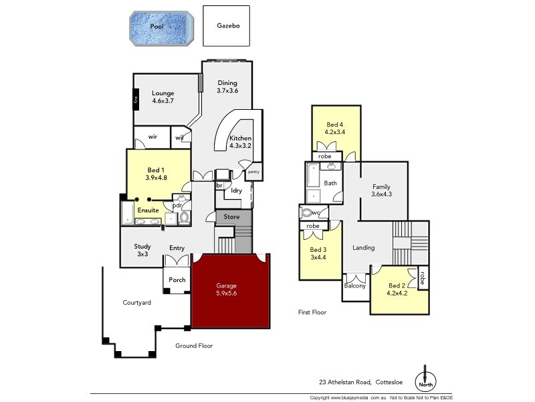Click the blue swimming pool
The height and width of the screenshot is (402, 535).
pos(161,27)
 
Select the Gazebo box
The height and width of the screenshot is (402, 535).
pos(226,26)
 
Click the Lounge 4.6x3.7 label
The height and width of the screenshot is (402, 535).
pos(163,96)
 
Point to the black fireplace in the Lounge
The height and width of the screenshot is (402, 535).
pos(135,100)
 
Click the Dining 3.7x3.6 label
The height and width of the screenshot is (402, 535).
pos(227,86)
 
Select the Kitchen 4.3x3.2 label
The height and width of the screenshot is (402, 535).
pos(240,141)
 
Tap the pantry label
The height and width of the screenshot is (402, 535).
pos(253,172)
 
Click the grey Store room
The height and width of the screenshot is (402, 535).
pos(231,216)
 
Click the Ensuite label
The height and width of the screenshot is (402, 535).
pos(148,210)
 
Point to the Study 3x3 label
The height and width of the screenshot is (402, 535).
pos(142,250)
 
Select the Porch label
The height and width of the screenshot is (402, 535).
pos(177,279)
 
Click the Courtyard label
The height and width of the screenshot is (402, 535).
pos(136,303)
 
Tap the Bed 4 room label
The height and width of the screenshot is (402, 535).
pos(335,129)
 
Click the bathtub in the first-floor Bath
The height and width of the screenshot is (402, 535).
pos(313,182)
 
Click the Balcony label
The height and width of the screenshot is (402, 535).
pos(355,286)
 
